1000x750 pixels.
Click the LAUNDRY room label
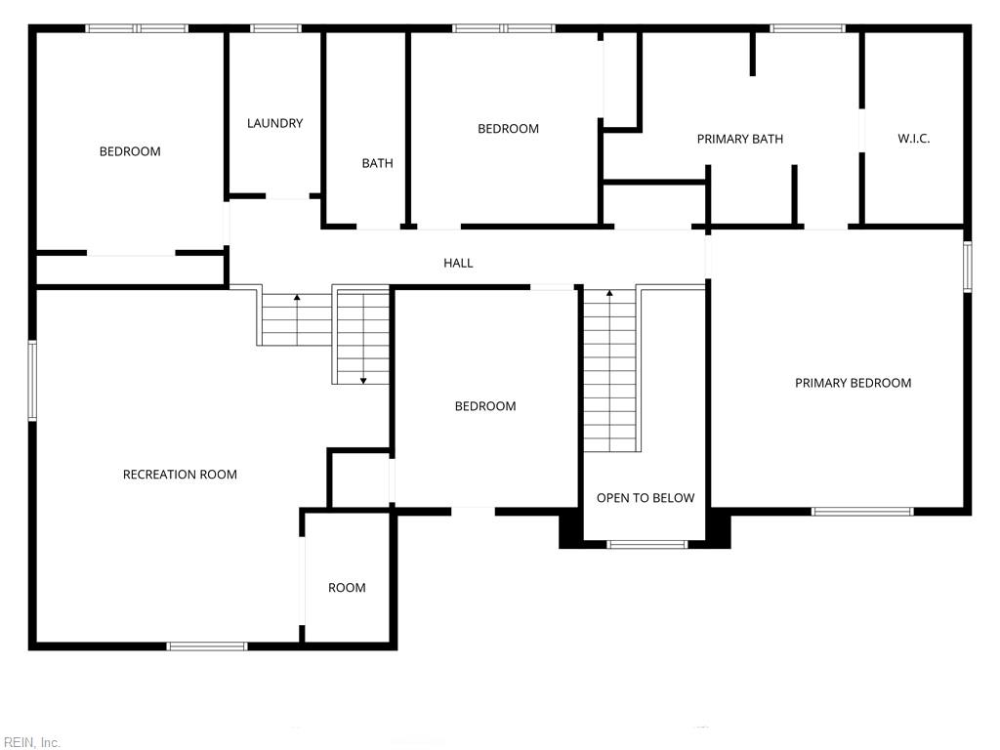(x=274, y=123)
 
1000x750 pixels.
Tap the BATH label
(x=377, y=163)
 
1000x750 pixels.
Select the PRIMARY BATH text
(x=739, y=139)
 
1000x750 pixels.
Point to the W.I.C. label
(x=913, y=139)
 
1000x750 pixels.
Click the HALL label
(x=458, y=263)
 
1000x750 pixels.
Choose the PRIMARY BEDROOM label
(x=853, y=383)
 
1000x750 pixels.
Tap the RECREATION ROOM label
(x=180, y=475)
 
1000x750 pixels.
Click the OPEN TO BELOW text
(x=646, y=498)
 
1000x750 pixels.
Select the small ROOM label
(x=347, y=588)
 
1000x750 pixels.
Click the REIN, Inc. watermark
(x=32, y=742)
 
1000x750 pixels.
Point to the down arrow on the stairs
(x=363, y=378)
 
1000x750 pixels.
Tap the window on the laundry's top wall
(x=275, y=28)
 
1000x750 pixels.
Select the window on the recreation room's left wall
(x=32, y=380)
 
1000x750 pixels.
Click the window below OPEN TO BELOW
(x=646, y=544)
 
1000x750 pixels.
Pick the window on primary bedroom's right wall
(x=967, y=267)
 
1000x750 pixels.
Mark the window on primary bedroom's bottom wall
(x=862, y=511)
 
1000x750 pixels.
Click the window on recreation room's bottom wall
(x=207, y=646)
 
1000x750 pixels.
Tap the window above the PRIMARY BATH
(x=807, y=28)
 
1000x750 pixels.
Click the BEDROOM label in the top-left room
(x=130, y=151)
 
